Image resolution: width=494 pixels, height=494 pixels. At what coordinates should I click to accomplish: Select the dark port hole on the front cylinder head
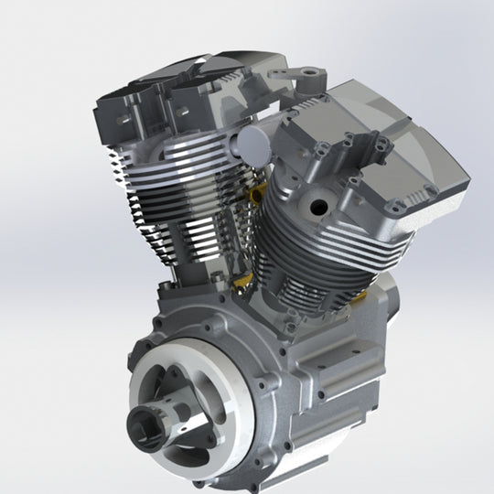click(x=318, y=206)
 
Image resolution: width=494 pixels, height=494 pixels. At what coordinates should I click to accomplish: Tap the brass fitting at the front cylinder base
click(x=244, y=284)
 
